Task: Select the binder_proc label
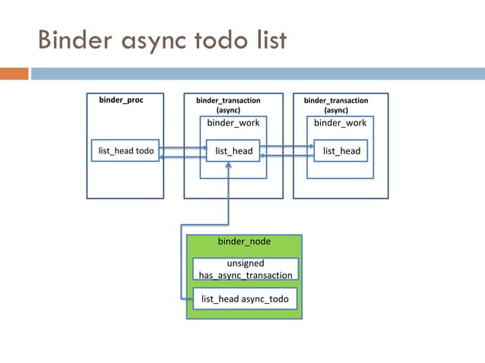tap(121, 99)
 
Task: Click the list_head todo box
tap(126, 151)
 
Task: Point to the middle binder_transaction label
tap(228, 100)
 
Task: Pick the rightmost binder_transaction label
tap(336, 100)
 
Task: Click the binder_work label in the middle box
tap(233, 123)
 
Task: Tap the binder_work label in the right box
tap(340, 123)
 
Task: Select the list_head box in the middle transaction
tap(233, 151)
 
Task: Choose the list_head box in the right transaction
tap(341, 151)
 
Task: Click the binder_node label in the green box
tap(244, 241)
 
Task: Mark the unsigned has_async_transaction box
tap(245, 269)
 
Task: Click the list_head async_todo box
tap(245, 299)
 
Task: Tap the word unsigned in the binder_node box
tap(245, 263)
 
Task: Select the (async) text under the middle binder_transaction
tap(228, 110)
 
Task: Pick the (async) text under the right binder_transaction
tap(336, 110)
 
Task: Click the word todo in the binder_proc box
tap(144, 151)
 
